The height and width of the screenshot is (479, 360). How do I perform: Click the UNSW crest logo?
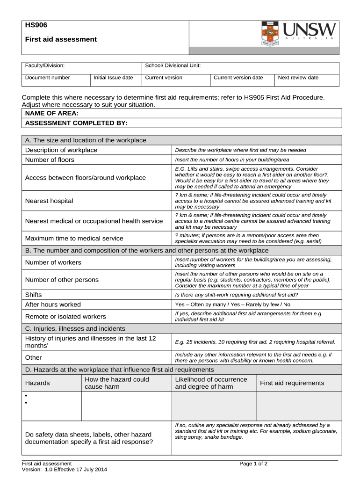tap(270, 33)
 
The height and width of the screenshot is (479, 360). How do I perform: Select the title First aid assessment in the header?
tap(61, 39)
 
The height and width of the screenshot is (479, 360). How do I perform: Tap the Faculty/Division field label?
tap(45, 65)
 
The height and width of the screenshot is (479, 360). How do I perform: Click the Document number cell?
tap(48, 78)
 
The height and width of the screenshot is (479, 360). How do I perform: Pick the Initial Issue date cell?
tap(113, 78)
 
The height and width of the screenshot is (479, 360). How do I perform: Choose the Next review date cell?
tap(298, 78)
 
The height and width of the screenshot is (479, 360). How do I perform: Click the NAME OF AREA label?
tap(51, 113)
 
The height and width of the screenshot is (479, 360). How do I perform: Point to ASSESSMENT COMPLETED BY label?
tap(76, 123)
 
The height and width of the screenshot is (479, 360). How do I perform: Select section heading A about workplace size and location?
tap(86, 140)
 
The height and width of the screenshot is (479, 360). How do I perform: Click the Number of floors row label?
tap(50, 160)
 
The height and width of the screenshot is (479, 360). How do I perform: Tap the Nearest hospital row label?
tap(49, 201)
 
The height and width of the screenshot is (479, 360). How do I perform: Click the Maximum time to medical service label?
tap(74, 238)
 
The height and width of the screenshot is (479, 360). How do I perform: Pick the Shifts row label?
tap(33, 295)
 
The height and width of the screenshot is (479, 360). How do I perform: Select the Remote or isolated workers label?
tap(65, 316)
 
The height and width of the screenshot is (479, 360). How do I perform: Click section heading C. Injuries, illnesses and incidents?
tap(75, 328)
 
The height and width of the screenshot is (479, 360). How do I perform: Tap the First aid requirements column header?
tap(292, 383)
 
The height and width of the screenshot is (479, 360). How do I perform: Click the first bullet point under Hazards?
tap(27, 396)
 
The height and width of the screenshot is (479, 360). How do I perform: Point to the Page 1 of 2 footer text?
tap(253, 464)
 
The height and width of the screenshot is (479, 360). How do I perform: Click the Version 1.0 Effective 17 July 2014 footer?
tap(65, 470)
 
